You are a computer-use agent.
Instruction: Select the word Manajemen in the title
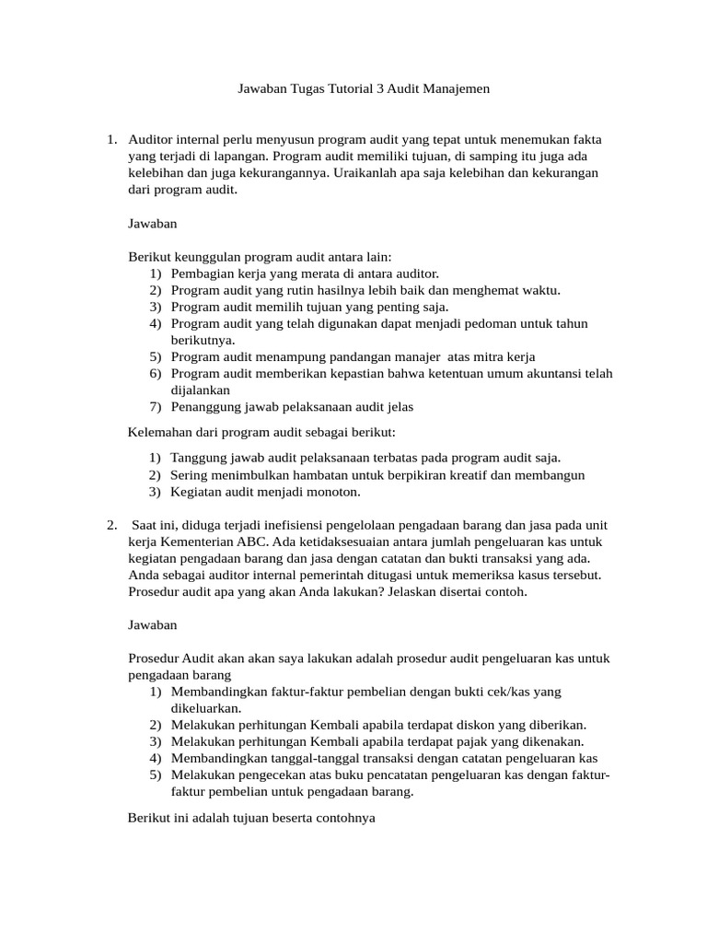pyautogui.click(x=457, y=89)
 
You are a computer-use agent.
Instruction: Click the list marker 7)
pyautogui.click(x=155, y=406)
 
